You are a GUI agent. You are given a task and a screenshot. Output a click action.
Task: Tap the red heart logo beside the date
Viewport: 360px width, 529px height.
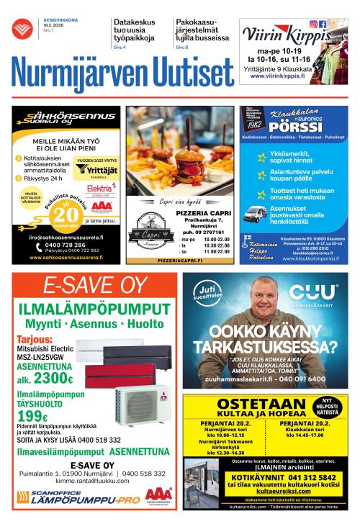21,28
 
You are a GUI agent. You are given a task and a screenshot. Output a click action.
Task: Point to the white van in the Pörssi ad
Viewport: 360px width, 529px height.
255,212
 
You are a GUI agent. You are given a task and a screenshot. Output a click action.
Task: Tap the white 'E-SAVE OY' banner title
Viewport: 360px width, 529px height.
94,286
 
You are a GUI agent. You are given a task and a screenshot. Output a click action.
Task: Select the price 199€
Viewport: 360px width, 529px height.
32,416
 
